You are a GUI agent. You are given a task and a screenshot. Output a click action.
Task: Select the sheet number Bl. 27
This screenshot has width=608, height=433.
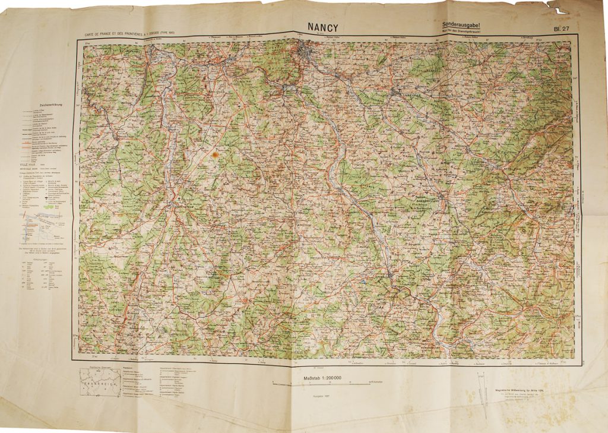click(x=562, y=28)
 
